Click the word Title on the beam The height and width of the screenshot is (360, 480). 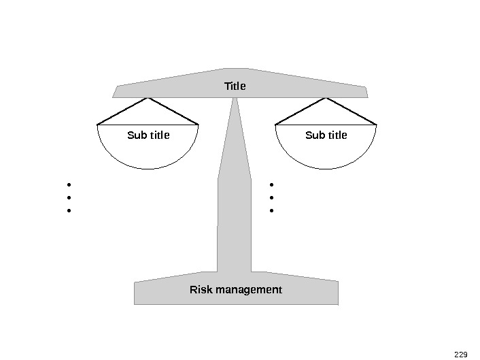click(x=235, y=86)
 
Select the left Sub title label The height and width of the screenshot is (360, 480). click(x=148, y=135)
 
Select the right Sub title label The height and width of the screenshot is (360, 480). click(x=326, y=135)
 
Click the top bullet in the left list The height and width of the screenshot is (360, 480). click(x=69, y=184)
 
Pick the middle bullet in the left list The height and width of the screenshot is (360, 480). click(x=69, y=197)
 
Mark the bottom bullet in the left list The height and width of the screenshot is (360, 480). click(x=69, y=211)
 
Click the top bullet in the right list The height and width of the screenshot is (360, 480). click(x=271, y=184)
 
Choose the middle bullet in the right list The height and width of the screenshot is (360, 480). click(x=271, y=197)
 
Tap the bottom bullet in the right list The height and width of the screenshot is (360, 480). click(x=271, y=211)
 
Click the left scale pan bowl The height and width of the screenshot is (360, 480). click(x=148, y=153)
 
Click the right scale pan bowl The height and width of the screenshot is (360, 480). click(x=326, y=153)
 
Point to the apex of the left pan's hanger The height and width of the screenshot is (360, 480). click(x=148, y=98)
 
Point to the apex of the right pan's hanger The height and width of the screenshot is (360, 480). click(x=326, y=98)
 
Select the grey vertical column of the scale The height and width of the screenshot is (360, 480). click(x=235, y=204)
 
